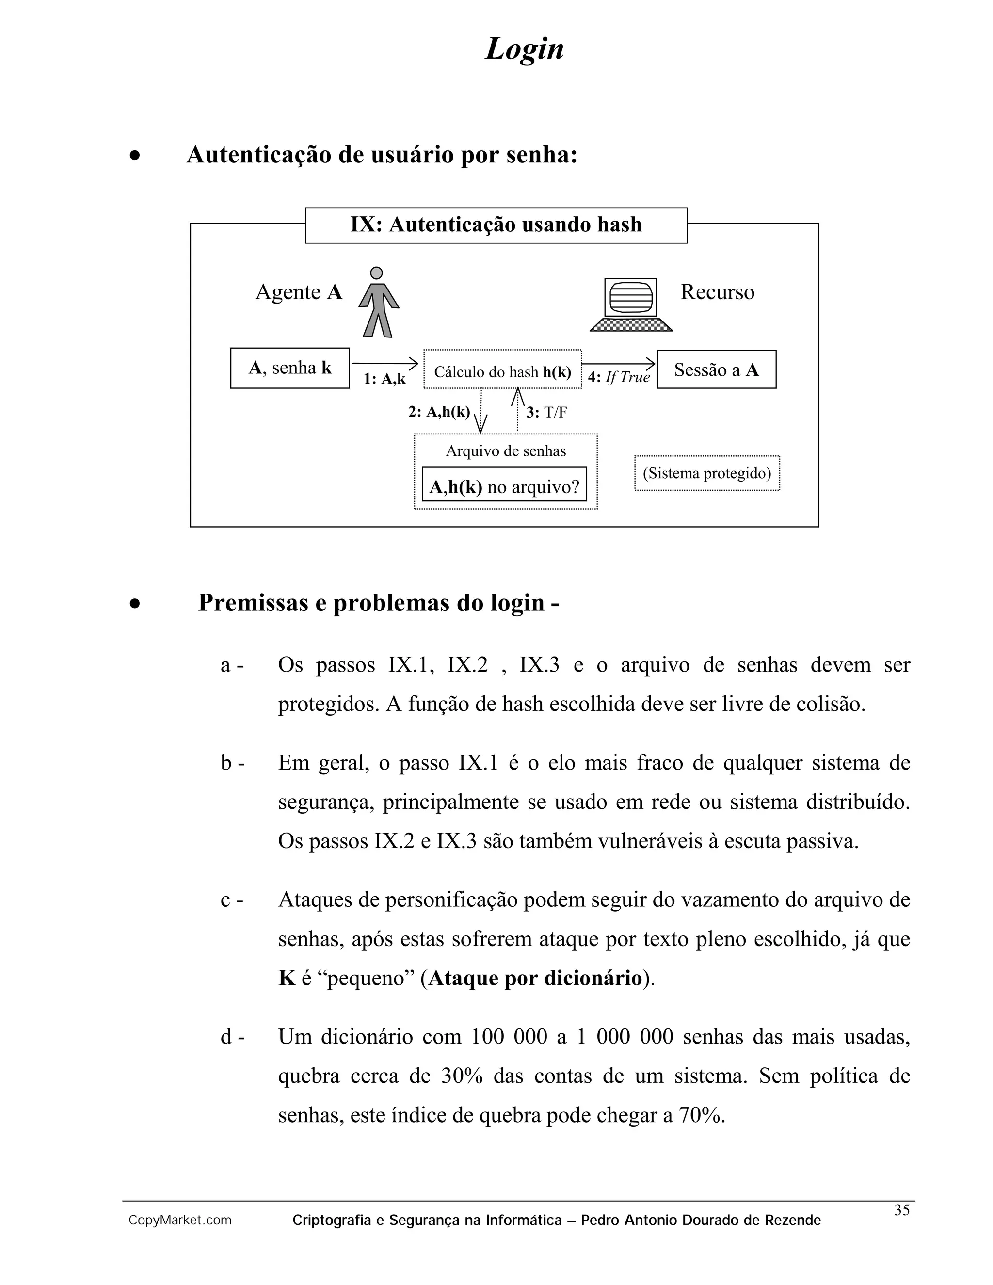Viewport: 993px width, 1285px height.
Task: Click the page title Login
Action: (x=524, y=49)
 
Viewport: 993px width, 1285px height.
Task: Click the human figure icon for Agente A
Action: (x=378, y=303)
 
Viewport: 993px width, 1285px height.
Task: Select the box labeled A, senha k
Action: (x=290, y=369)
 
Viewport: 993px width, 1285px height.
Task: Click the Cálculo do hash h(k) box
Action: (x=502, y=371)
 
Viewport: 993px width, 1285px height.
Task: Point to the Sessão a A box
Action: (x=716, y=369)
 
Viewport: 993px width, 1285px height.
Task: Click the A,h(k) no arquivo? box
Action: (x=504, y=486)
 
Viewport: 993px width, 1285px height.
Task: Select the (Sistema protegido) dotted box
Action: (x=706, y=473)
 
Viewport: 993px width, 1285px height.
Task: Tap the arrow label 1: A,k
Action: (x=384, y=379)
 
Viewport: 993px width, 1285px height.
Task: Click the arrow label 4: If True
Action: (x=619, y=378)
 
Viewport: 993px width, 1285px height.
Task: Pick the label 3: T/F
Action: (x=546, y=413)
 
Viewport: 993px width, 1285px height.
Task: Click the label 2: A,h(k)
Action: (x=439, y=412)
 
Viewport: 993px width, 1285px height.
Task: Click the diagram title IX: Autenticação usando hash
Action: (x=496, y=225)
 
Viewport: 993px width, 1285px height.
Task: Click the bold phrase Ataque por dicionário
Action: (x=535, y=978)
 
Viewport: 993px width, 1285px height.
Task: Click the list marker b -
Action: (x=232, y=763)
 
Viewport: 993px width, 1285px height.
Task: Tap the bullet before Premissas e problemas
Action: (x=135, y=604)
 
